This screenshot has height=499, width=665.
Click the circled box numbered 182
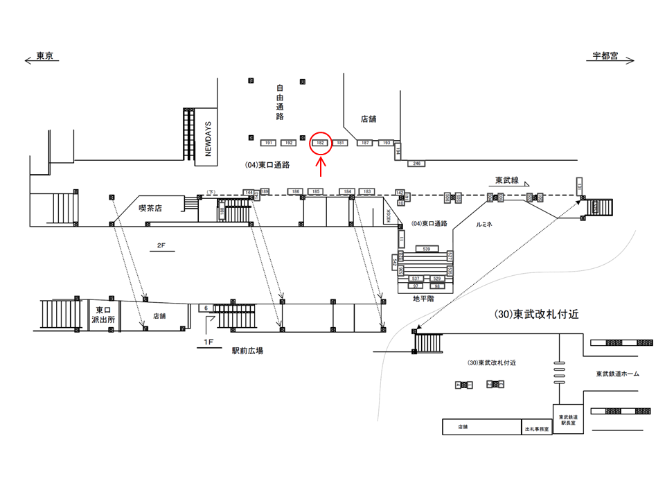coord(320,143)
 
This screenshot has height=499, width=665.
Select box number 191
coord(269,143)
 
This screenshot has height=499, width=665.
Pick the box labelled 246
coord(416,164)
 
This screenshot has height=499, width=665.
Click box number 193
coord(387,143)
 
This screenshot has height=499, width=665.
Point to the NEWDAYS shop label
coord(206,137)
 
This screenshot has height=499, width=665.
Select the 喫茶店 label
coord(150,207)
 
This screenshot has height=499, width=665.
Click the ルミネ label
coord(484,225)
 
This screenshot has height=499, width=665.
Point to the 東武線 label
coord(508,180)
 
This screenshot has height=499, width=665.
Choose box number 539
coord(426,248)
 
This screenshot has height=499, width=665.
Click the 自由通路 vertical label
coord(281,102)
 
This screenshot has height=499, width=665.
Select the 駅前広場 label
coord(247,351)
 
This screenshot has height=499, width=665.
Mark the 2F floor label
coord(161,245)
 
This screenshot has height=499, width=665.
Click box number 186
coord(295,191)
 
